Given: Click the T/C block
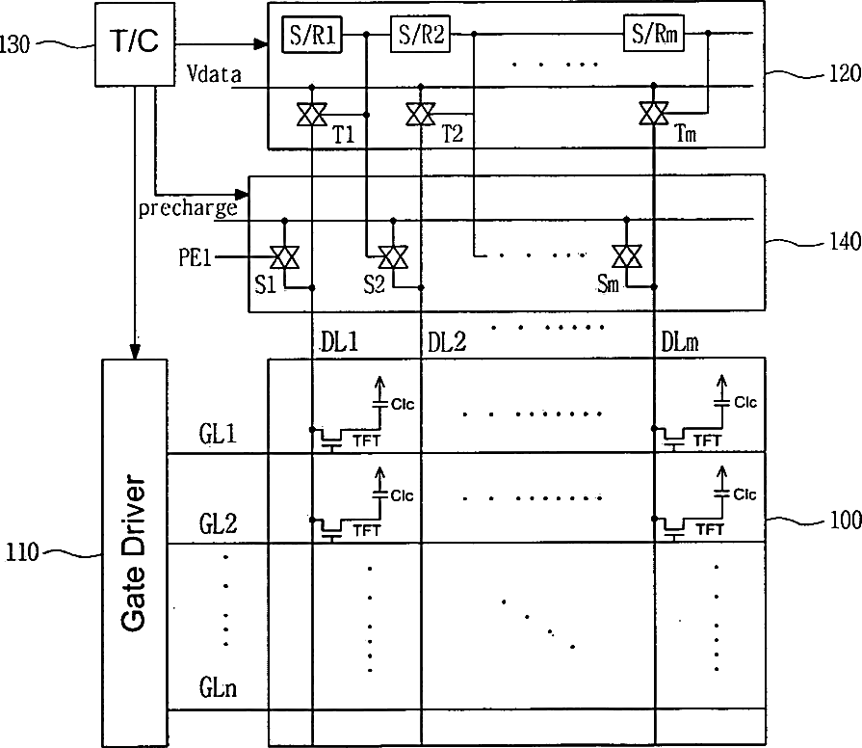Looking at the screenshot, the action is (x=135, y=44).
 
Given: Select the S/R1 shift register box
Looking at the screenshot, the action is (x=312, y=35).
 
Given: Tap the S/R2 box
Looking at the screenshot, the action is (x=421, y=34).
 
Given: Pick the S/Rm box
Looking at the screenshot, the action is (x=654, y=34).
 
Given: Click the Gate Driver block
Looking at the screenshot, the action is (x=135, y=552).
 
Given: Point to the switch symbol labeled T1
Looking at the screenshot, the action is (x=312, y=115).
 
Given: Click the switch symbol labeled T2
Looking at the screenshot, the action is (x=421, y=114).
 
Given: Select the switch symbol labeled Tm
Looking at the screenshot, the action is (x=654, y=114).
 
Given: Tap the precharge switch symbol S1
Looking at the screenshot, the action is (x=285, y=256).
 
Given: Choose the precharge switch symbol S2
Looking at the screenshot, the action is (x=393, y=256).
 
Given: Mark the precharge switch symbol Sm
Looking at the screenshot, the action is (x=627, y=255).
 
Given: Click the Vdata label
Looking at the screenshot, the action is (x=214, y=73).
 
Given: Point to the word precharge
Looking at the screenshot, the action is (x=188, y=208).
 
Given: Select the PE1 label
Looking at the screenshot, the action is (x=196, y=257).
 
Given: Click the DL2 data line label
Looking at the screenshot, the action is (x=447, y=342).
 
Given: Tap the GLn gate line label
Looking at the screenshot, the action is (x=219, y=687).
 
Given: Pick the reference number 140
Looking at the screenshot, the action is (x=846, y=241).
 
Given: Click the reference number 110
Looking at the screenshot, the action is (x=22, y=552).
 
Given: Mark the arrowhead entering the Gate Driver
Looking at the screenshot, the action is (x=135, y=352).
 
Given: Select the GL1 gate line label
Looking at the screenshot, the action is (x=219, y=434).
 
